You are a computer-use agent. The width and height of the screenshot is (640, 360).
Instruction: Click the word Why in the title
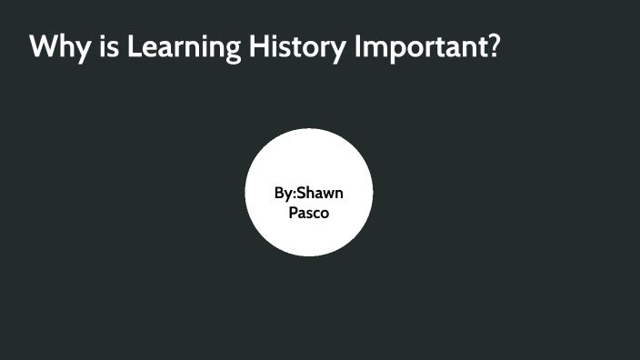click(56, 47)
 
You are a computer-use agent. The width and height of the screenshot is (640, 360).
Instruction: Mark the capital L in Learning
click(133, 45)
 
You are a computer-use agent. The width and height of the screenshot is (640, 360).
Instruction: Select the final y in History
click(335, 50)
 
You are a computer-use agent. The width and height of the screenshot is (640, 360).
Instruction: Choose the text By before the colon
click(283, 195)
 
